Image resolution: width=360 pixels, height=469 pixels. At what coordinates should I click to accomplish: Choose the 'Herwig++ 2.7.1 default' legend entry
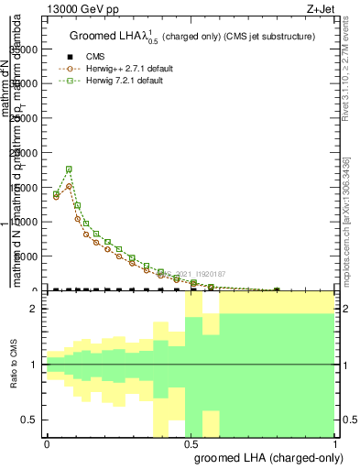(135, 69)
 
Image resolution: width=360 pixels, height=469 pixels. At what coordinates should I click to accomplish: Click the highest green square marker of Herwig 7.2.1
(70, 169)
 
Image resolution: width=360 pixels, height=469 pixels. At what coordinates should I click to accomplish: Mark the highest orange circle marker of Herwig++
(70, 186)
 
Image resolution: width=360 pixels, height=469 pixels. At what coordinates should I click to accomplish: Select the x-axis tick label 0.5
(191, 443)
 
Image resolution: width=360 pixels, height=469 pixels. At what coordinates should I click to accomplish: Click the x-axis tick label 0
(47, 443)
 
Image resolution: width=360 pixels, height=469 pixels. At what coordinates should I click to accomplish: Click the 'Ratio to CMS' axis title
(15, 365)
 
